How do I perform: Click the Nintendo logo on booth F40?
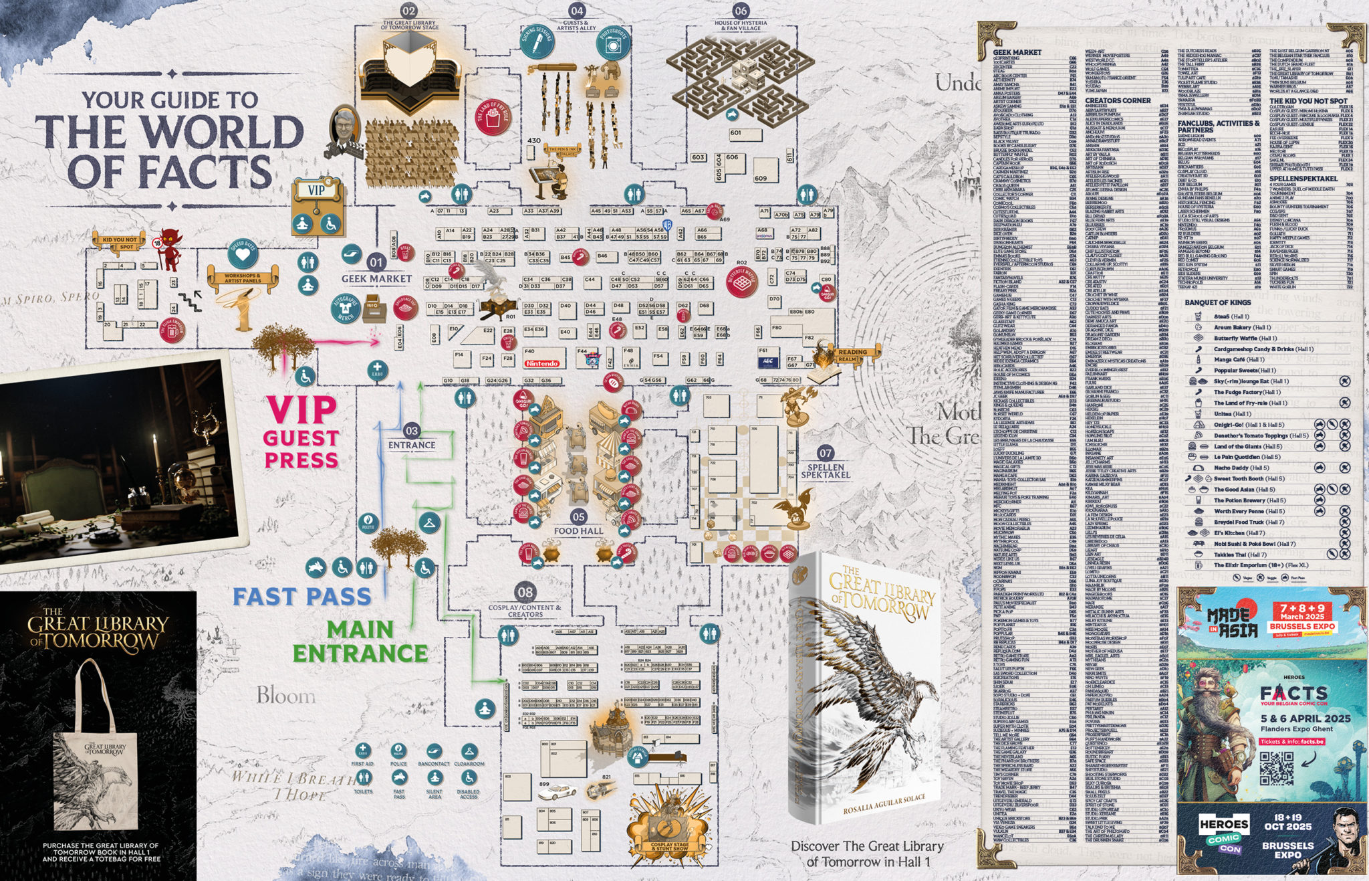pyautogui.click(x=542, y=363)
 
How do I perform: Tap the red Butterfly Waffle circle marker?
pyautogui.click(x=741, y=282)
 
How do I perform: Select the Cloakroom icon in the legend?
pyautogui.click(x=469, y=751)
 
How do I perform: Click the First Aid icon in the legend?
pyautogui.click(x=362, y=751)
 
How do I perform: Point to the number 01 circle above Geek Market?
pyautogui.click(x=376, y=263)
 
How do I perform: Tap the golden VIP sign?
pyautogui.click(x=316, y=191)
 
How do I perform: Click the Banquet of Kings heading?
pyautogui.click(x=1217, y=302)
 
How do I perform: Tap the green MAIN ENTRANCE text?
pyautogui.click(x=360, y=642)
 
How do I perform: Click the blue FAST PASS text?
pyautogui.click(x=301, y=597)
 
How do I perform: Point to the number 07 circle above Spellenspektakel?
pyautogui.click(x=826, y=453)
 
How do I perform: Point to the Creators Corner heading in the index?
pyautogui.click(x=1118, y=101)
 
